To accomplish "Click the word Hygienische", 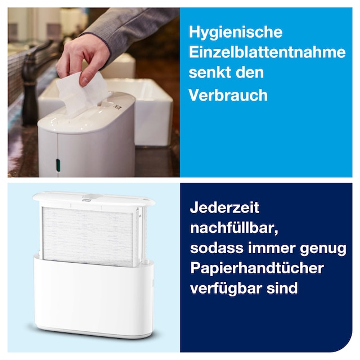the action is [x=236, y=33].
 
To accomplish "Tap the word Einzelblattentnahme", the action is [x=267, y=52].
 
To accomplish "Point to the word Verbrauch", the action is [x=228, y=94].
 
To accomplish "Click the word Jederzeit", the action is [x=224, y=208].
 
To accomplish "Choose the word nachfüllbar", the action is [x=234, y=228].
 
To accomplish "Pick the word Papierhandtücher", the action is [x=257, y=268].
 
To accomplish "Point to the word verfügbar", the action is [x=226, y=289].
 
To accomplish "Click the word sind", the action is [x=282, y=287].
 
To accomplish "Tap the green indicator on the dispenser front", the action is [x=58, y=164].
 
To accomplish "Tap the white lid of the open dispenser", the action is [x=94, y=199].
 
